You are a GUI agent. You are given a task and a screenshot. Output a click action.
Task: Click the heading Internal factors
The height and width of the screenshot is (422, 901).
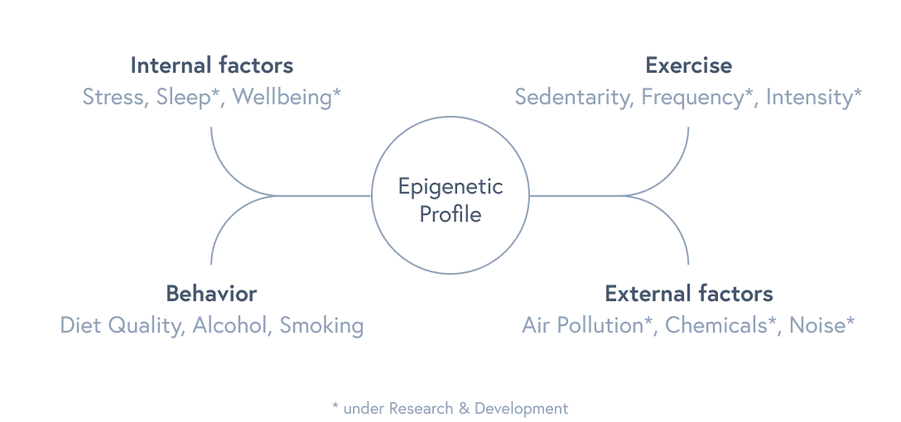pyautogui.click(x=212, y=65)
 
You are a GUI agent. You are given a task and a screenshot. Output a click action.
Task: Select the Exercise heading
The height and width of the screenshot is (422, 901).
pyautogui.click(x=688, y=65)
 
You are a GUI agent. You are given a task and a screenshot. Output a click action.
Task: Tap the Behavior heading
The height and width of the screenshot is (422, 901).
pyautogui.click(x=211, y=293)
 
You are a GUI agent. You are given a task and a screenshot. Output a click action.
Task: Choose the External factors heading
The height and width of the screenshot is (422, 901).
pyautogui.click(x=689, y=293)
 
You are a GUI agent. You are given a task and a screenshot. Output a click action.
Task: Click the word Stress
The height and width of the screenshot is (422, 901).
pyautogui.click(x=114, y=97)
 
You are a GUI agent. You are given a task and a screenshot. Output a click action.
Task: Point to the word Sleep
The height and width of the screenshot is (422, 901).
pyautogui.click(x=185, y=97)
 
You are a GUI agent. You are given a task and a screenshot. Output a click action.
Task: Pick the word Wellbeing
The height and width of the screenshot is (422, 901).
pyautogui.click(x=282, y=97)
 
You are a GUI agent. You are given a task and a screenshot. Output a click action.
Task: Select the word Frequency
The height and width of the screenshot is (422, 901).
pyautogui.click(x=691, y=97)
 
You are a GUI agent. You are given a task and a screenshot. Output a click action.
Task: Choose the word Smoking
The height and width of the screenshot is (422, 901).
pyautogui.click(x=321, y=325)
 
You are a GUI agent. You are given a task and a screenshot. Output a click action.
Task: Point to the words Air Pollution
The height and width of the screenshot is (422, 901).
pyautogui.click(x=582, y=325)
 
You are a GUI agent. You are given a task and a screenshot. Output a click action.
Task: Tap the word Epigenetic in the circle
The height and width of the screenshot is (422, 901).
pyautogui.click(x=450, y=186)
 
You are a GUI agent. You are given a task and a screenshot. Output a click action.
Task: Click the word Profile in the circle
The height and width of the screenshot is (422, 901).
pyautogui.click(x=450, y=213)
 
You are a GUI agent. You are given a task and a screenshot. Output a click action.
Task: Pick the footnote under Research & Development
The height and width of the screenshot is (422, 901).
pyautogui.click(x=450, y=407)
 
